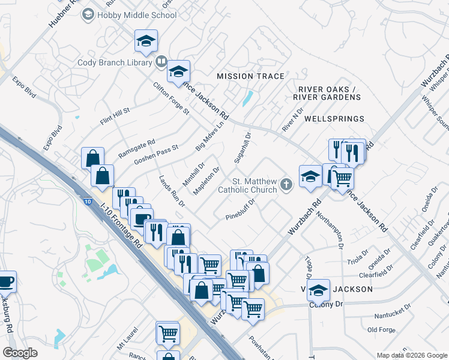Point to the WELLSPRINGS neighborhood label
pos(334,119)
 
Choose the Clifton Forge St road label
pos(170,98)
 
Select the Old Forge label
pos(381,329)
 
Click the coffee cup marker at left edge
pos(5,281)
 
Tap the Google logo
pos(20,352)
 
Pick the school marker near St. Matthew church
pos(310,177)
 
